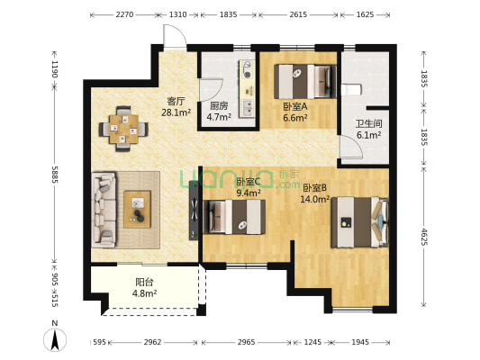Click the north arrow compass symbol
click(55, 340)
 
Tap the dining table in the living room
click(123, 129)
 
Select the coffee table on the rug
click(137, 210)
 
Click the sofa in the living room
click(104, 210)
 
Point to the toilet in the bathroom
click(351, 90)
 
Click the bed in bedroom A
click(305, 81)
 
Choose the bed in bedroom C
click(234, 217)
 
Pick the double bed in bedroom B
click(360, 222)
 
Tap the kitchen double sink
click(248, 108)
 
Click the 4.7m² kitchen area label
click(219, 117)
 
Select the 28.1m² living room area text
click(176, 112)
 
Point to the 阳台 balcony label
click(144, 282)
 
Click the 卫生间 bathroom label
click(368, 123)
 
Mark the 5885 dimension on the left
click(55, 175)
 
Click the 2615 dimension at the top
click(298, 14)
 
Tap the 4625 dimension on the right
click(423, 237)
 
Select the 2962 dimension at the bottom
click(152, 342)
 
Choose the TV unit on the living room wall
click(194, 211)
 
